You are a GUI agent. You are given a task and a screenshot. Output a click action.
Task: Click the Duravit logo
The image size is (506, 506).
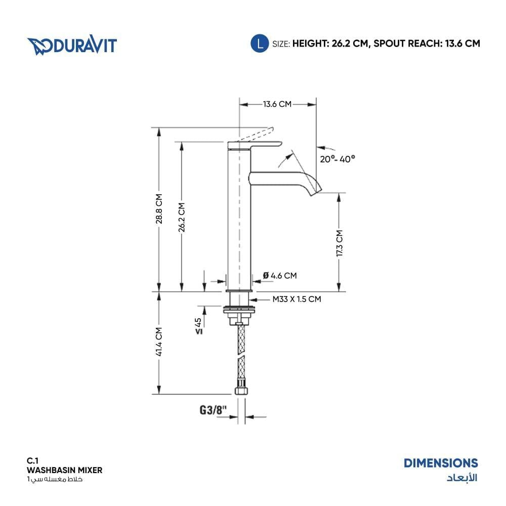click(72, 45)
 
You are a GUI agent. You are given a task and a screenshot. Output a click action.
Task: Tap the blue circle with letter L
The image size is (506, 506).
click(260, 43)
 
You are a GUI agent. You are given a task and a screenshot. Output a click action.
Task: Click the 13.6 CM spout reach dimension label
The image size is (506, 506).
click(277, 104)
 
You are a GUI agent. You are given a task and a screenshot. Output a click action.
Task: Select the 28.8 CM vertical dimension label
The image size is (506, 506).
click(159, 209)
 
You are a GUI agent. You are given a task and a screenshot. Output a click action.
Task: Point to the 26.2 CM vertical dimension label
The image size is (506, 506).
click(182, 217)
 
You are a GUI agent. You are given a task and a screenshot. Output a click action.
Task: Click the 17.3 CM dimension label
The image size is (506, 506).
click(339, 243)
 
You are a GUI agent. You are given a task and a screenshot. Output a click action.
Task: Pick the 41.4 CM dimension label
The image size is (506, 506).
click(159, 342)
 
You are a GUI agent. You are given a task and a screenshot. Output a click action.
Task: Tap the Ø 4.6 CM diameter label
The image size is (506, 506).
click(280, 276)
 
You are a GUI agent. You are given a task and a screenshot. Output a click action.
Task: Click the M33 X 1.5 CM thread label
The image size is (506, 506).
click(297, 299)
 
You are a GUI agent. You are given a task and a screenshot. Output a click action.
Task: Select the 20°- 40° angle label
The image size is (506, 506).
click(338, 159)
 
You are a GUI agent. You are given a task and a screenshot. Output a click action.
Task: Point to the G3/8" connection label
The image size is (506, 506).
click(214, 410)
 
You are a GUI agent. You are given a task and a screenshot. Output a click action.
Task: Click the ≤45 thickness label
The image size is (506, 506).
click(199, 326)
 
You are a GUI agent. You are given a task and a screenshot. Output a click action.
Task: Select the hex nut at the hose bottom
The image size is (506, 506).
click(241, 390)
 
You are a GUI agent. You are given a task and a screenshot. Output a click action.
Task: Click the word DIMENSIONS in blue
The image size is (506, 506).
click(441, 463)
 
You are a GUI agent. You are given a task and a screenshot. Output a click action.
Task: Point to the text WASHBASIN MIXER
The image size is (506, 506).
click(65, 470)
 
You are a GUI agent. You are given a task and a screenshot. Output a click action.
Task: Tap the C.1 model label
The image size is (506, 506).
click(32, 461)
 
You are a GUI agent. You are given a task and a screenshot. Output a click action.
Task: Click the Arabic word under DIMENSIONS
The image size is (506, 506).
click(462, 478)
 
